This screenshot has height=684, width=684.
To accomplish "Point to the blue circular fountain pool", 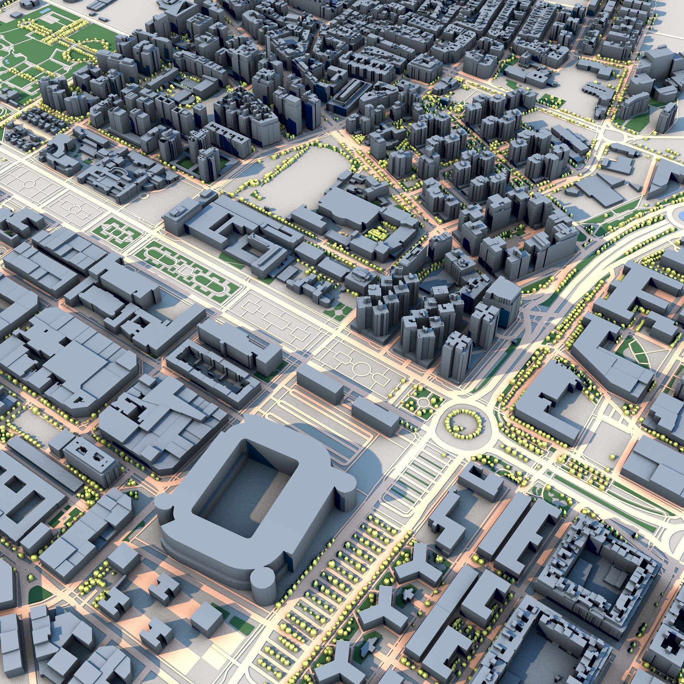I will [681, 214].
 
